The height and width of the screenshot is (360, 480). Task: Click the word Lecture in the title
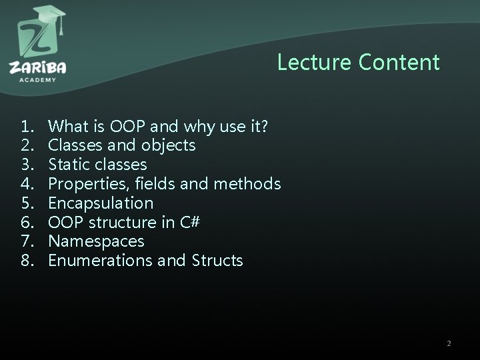click(315, 62)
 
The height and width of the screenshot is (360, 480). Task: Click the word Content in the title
click(399, 62)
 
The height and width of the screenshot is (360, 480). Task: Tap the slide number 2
click(449, 343)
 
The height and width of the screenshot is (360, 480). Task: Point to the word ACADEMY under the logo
click(38, 79)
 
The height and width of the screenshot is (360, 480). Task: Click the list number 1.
click(27, 125)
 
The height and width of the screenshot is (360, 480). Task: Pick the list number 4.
click(27, 183)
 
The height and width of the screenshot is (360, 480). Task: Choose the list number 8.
click(27, 261)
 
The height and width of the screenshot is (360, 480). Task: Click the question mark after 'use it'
click(265, 125)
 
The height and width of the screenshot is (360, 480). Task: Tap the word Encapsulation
click(101, 203)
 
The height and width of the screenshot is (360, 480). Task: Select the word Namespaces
click(96, 241)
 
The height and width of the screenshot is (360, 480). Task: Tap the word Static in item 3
click(69, 164)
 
